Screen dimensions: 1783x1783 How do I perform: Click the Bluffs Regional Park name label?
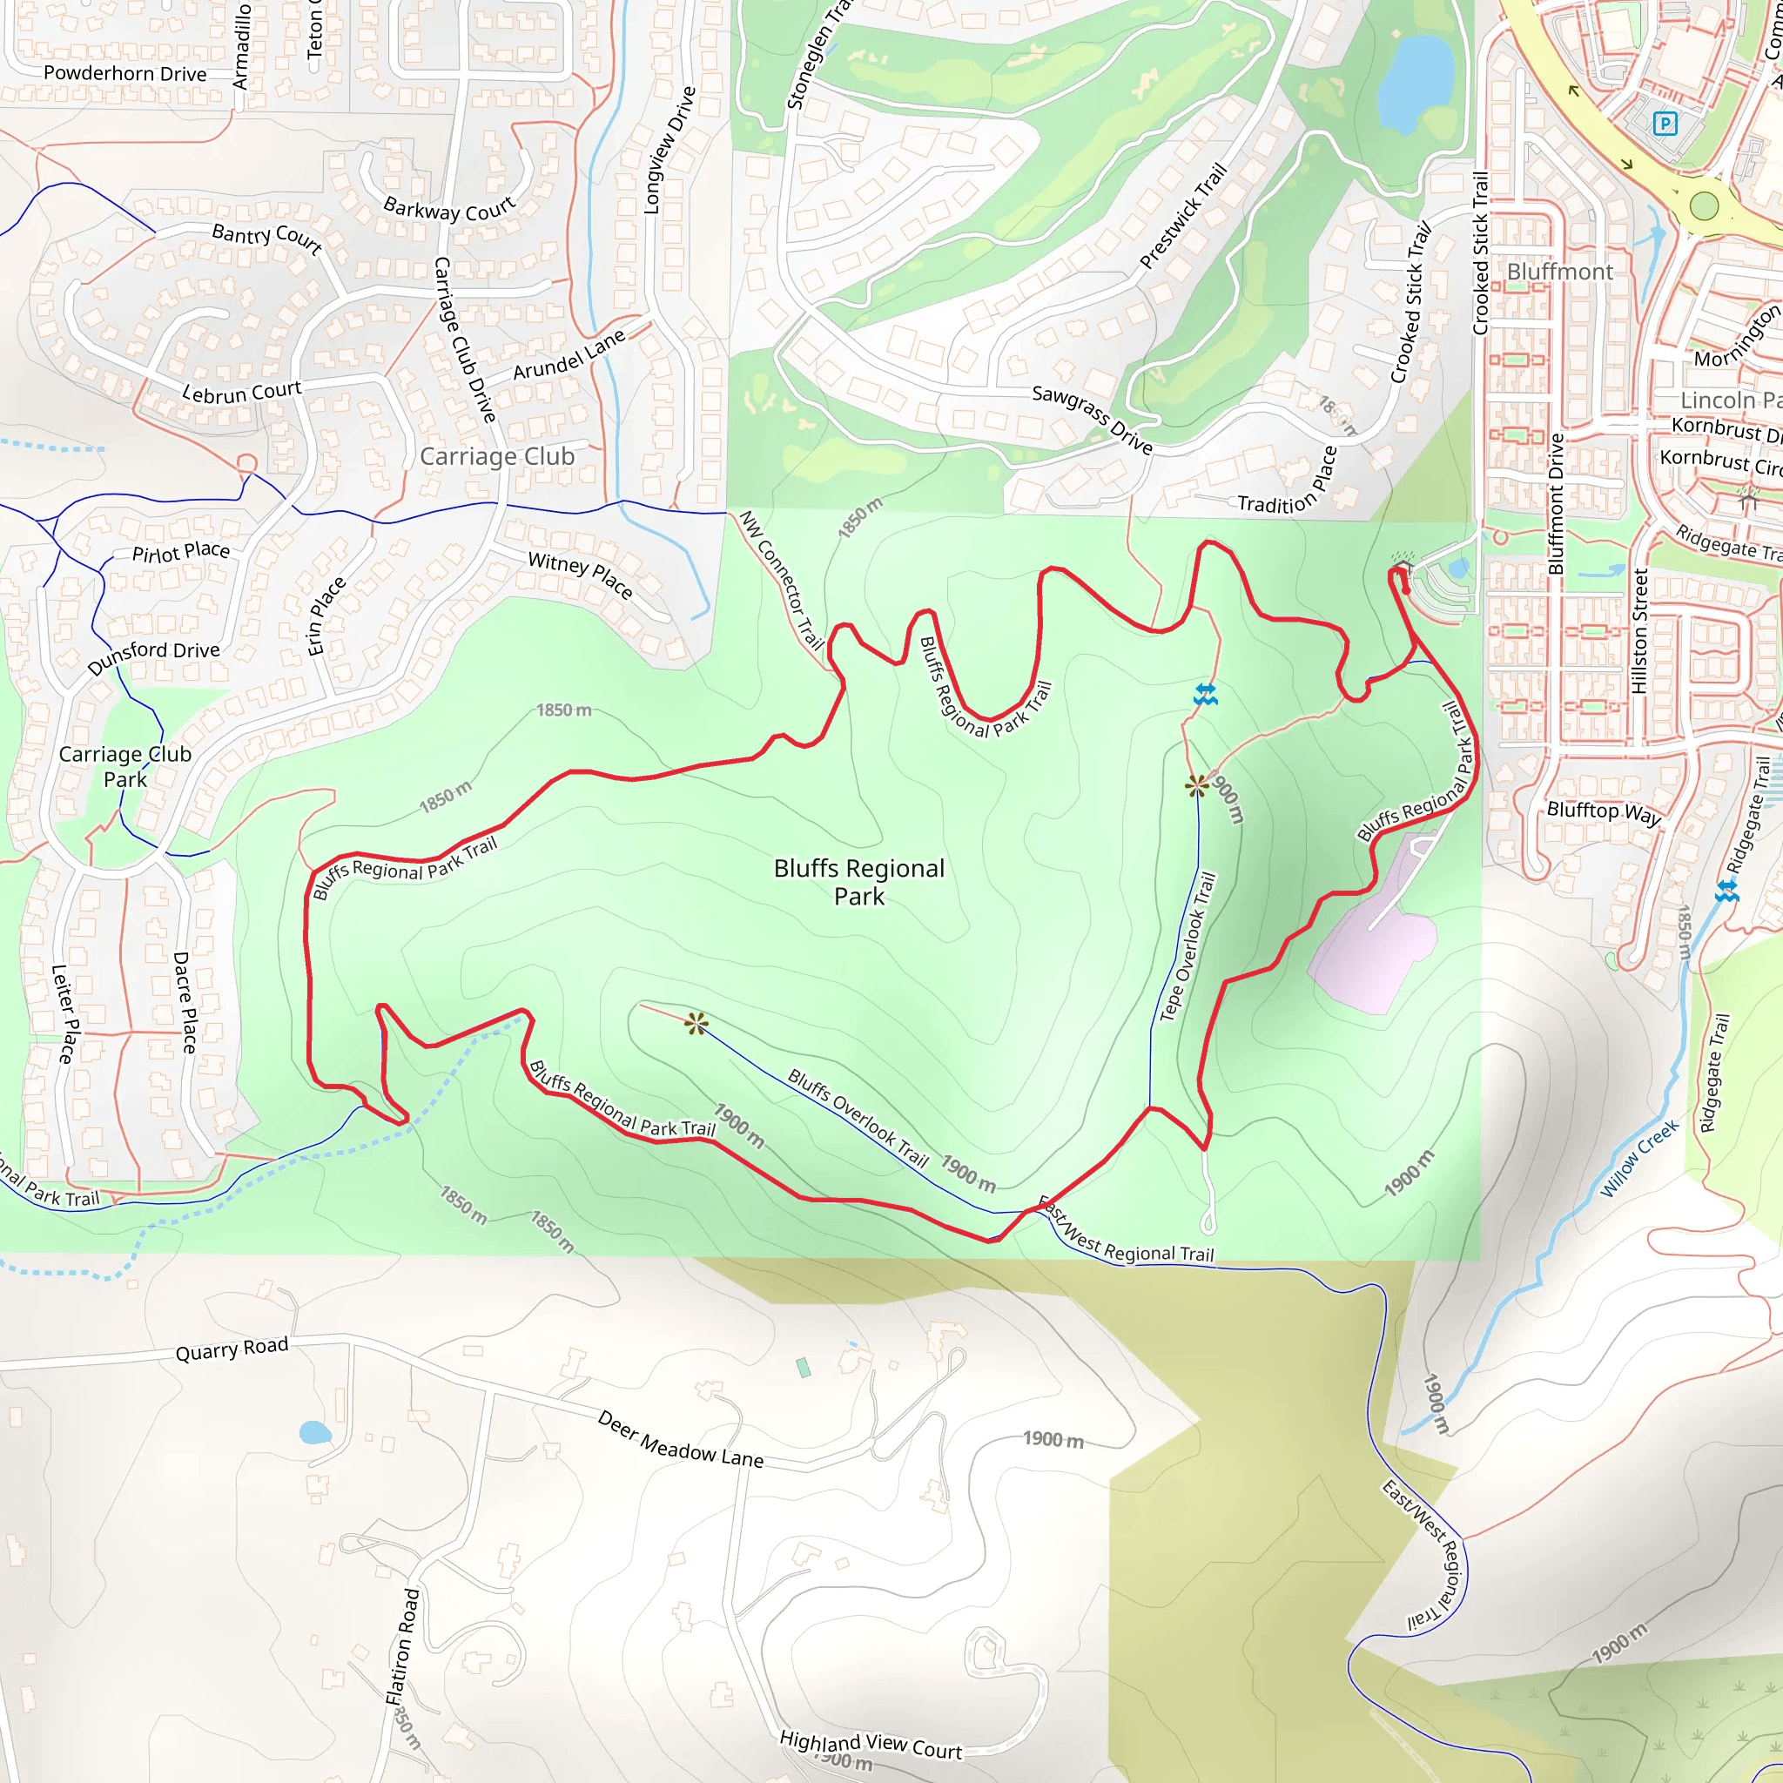pos(858,881)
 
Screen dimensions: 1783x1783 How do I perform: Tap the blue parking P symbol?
pos(1664,124)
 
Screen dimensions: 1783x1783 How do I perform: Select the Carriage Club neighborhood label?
pos(496,456)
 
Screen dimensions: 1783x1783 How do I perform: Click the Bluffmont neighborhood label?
pos(1559,272)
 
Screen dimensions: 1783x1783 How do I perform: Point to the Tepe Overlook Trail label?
pos(1188,947)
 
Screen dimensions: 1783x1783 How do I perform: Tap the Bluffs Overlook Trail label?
pos(858,1119)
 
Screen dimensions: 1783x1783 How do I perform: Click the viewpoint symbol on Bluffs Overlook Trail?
pos(696,1023)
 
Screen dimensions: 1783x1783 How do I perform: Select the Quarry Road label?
pos(232,1349)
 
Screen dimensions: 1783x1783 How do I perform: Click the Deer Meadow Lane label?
pos(680,1440)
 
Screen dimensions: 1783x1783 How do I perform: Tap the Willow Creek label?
pos(1639,1159)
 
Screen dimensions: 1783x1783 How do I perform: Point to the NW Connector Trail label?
pos(781,581)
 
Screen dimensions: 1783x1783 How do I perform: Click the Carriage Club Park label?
pos(125,766)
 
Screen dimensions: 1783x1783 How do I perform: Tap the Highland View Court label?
pos(871,1744)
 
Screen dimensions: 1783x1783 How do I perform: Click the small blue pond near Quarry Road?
pos(314,1432)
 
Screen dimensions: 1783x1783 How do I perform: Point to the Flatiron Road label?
pos(402,1645)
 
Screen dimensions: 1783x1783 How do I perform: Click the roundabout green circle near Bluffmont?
pos(1704,205)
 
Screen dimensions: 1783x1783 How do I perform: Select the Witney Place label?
pos(580,575)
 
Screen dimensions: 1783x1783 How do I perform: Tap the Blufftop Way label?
pos(1603,812)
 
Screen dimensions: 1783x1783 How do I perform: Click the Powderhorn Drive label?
pos(124,74)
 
